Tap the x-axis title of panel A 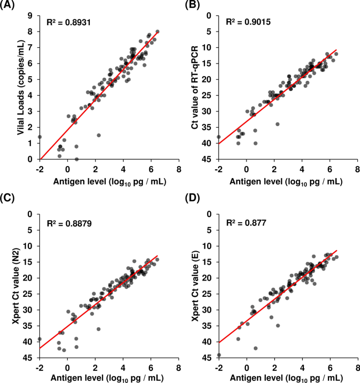tap(109, 181)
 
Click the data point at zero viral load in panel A tap(77, 159)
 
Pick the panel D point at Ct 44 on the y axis tap(219, 355)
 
